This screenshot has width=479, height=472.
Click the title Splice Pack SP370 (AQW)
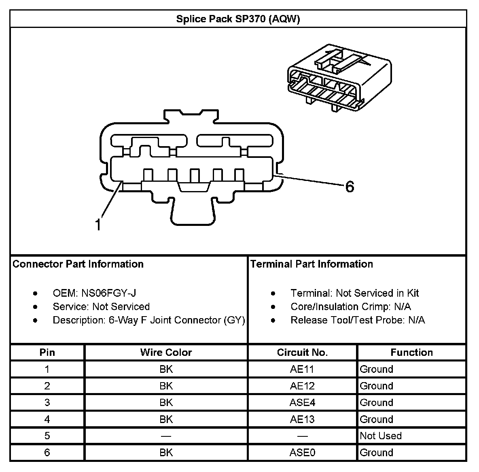pyautogui.click(x=238, y=19)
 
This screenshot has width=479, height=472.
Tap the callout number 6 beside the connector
pyautogui.click(x=349, y=187)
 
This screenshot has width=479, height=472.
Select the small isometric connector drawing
pyautogui.click(x=339, y=80)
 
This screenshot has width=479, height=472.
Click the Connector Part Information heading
pyautogui.click(x=78, y=264)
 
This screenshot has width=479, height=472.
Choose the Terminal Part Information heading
pyautogui.click(x=312, y=264)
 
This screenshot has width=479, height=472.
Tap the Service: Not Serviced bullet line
pyautogui.click(x=101, y=307)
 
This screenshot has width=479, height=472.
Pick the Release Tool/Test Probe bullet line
pyautogui.click(x=357, y=320)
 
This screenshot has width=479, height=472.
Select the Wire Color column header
pyautogui.click(x=166, y=353)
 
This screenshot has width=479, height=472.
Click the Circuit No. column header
pyautogui.click(x=302, y=353)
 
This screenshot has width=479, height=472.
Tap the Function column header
pyautogui.click(x=411, y=353)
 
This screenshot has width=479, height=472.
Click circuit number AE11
pyautogui.click(x=302, y=369)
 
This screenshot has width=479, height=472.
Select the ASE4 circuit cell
pyautogui.click(x=302, y=403)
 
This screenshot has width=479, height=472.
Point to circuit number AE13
pyautogui.click(x=302, y=419)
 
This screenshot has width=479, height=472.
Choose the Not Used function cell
pyautogui.click(x=381, y=436)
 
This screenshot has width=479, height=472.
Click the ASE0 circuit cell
pyautogui.click(x=302, y=453)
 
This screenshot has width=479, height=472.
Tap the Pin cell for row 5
pyautogui.click(x=47, y=436)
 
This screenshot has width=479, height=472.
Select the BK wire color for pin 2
pyautogui.click(x=166, y=386)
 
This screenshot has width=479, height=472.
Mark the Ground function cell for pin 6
pyautogui.click(x=377, y=453)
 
